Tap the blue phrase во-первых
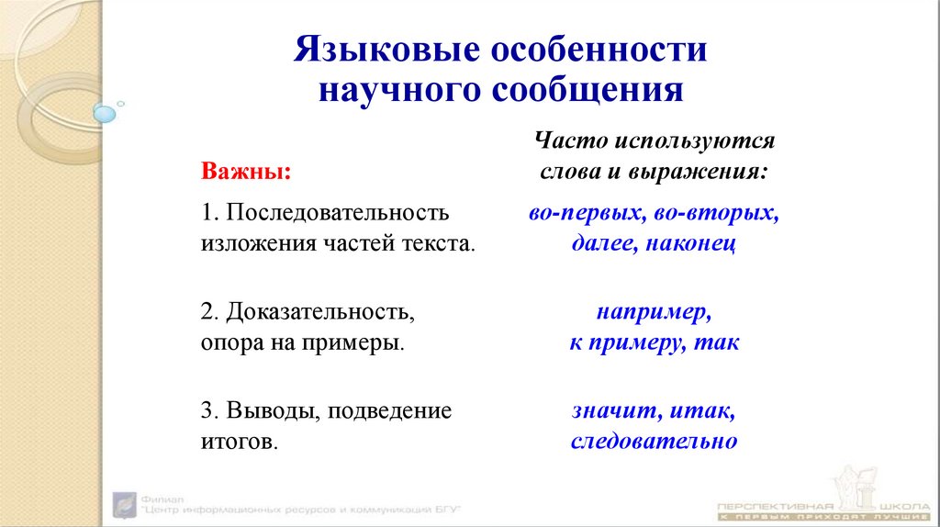point(587,213)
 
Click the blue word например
point(653,312)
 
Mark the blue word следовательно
point(654,442)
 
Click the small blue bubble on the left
point(105,115)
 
